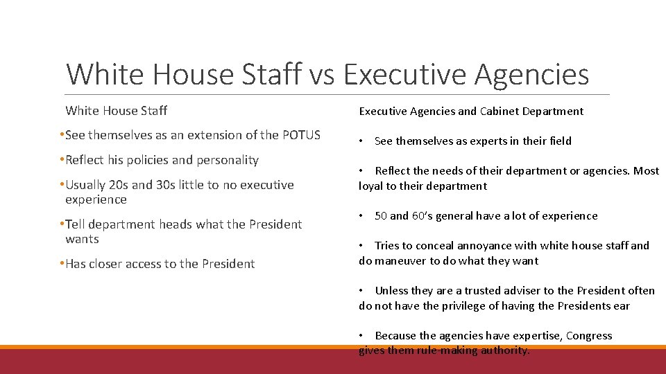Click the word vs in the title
pos(321,74)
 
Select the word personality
pos(223,160)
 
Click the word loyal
pos(371,186)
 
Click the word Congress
pos(589,335)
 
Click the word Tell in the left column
pos(76,224)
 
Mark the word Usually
pos(87,185)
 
